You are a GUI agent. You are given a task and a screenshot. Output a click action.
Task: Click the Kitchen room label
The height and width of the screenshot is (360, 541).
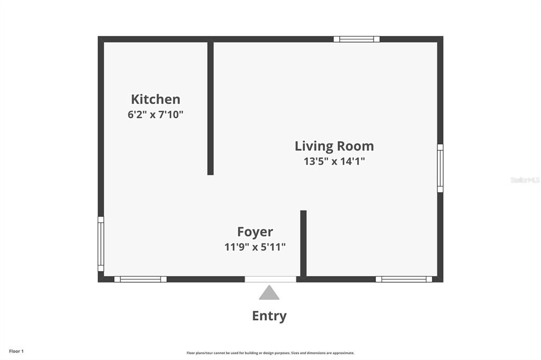pos(155,99)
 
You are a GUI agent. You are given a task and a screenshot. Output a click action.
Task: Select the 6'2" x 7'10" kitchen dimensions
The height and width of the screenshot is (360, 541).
pos(155,115)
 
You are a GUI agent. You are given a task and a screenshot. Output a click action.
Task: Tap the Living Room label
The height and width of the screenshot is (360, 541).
pos(334,146)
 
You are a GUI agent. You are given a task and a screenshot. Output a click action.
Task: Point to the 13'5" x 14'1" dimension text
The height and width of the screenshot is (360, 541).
pos(334,162)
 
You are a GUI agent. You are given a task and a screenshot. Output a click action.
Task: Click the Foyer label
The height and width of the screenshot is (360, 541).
pos(255,232)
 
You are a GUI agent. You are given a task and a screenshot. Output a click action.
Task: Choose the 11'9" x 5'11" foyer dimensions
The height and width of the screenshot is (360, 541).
pos(255,247)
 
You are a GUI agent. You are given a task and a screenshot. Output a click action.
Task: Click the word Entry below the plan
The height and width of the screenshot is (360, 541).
pos(269,316)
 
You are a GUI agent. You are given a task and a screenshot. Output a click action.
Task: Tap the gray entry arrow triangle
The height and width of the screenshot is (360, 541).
pos(269,293)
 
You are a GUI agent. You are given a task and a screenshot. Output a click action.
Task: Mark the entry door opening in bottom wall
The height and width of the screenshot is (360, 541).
pos(270,279)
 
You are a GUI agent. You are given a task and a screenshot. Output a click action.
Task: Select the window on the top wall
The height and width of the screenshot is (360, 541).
pos(357,39)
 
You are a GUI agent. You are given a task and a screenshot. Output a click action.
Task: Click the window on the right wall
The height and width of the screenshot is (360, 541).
pos(440,168)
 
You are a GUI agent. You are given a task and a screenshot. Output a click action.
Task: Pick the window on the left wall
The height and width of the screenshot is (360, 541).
pos(101,243)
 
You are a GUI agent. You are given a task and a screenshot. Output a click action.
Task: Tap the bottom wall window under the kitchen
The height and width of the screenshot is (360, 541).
pos(140,279)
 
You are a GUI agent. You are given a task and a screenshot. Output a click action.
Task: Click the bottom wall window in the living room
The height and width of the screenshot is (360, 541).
pos(404,279)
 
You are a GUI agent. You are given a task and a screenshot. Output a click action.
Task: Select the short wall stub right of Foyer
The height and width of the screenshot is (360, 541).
pos(303,243)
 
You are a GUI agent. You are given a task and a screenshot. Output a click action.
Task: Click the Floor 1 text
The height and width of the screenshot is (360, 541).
pos(16,351)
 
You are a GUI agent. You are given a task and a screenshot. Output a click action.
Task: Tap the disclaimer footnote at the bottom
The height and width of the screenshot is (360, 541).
pos(270,353)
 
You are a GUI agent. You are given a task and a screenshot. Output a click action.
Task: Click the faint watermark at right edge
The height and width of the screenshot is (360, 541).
pos(525,180)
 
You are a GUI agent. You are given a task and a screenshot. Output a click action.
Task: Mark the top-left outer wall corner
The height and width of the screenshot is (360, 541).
pos(101,39)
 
